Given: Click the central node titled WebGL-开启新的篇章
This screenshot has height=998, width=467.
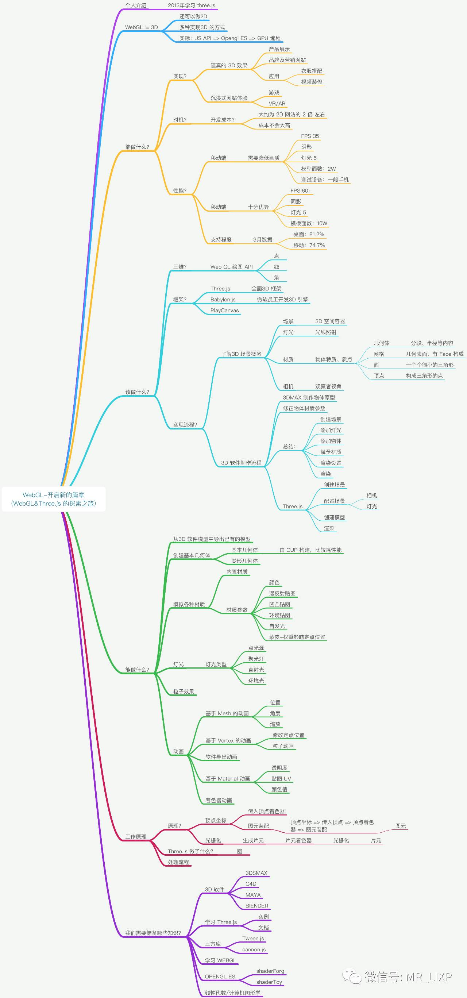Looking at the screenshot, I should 53,499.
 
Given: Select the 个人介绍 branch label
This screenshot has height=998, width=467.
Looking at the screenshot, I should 135,5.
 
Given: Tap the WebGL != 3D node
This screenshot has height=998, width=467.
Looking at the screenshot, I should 141,27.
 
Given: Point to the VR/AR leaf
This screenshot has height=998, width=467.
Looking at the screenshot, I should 277,103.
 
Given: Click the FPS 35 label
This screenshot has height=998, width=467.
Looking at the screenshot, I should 310,136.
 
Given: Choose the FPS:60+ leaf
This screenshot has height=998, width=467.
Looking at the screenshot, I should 301,190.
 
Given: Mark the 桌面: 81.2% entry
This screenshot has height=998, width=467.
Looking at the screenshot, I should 309,234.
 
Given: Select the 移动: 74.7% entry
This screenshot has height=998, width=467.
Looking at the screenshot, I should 309,245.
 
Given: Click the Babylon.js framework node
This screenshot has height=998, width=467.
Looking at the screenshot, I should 223,300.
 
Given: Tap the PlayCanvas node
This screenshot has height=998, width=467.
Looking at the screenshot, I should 224,310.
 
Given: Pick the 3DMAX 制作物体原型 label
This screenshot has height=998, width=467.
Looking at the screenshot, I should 309,397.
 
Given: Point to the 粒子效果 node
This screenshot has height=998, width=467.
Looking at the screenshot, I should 184,691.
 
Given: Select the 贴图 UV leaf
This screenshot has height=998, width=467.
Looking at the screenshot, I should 281,778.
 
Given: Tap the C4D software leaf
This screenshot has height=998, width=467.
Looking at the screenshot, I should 251,884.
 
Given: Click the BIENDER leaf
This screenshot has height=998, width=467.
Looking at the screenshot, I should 256,906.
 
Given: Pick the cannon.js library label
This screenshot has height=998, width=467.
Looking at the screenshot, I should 254,949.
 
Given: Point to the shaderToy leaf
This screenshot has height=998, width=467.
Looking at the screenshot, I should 269,982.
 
